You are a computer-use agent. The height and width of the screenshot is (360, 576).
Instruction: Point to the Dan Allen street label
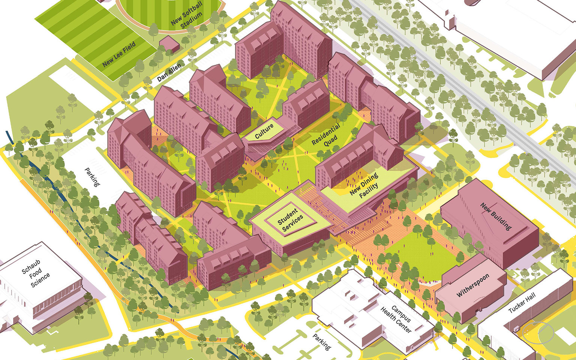click(169, 73)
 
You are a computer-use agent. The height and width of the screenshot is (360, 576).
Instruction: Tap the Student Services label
click(290, 220)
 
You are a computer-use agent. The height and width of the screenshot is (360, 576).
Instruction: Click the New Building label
click(496, 216)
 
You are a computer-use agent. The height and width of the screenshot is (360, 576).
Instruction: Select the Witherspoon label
click(473, 285)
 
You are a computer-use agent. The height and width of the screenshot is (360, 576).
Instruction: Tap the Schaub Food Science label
click(36, 273)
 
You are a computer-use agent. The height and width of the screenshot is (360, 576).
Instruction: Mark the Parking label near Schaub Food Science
click(92, 177)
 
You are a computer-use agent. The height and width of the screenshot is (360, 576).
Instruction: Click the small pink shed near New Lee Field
click(169, 43)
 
